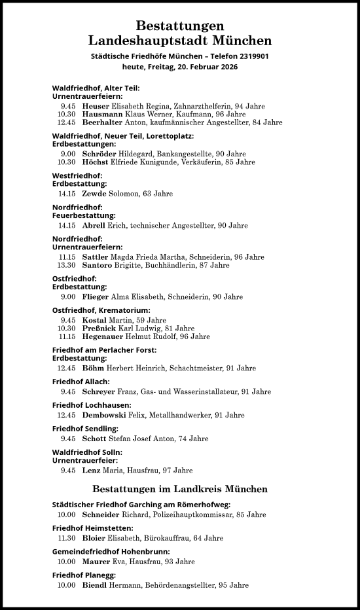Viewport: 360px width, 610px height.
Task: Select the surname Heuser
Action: click(x=96, y=105)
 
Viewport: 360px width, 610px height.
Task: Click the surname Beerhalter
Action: click(x=103, y=122)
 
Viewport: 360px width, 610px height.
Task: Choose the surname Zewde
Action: click(x=94, y=194)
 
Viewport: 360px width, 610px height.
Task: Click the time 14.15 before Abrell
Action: click(x=67, y=225)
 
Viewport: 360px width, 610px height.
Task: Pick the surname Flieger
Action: click(x=96, y=296)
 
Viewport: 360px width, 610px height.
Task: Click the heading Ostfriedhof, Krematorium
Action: click(x=101, y=310)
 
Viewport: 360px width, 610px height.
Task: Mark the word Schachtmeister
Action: click(x=199, y=368)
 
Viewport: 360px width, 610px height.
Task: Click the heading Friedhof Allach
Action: click(x=81, y=381)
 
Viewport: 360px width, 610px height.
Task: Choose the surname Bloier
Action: click(x=94, y=538)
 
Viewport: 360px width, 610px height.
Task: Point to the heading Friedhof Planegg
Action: click(x=84, y=575)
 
